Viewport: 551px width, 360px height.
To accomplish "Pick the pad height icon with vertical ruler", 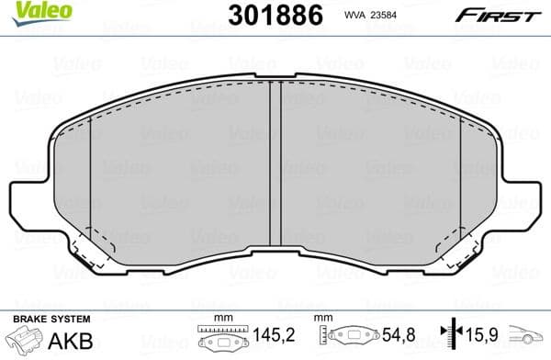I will coord(350,338).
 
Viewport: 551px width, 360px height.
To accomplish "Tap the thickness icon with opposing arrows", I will coord(447,338).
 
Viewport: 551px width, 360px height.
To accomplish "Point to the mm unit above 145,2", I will coord(219,319).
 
